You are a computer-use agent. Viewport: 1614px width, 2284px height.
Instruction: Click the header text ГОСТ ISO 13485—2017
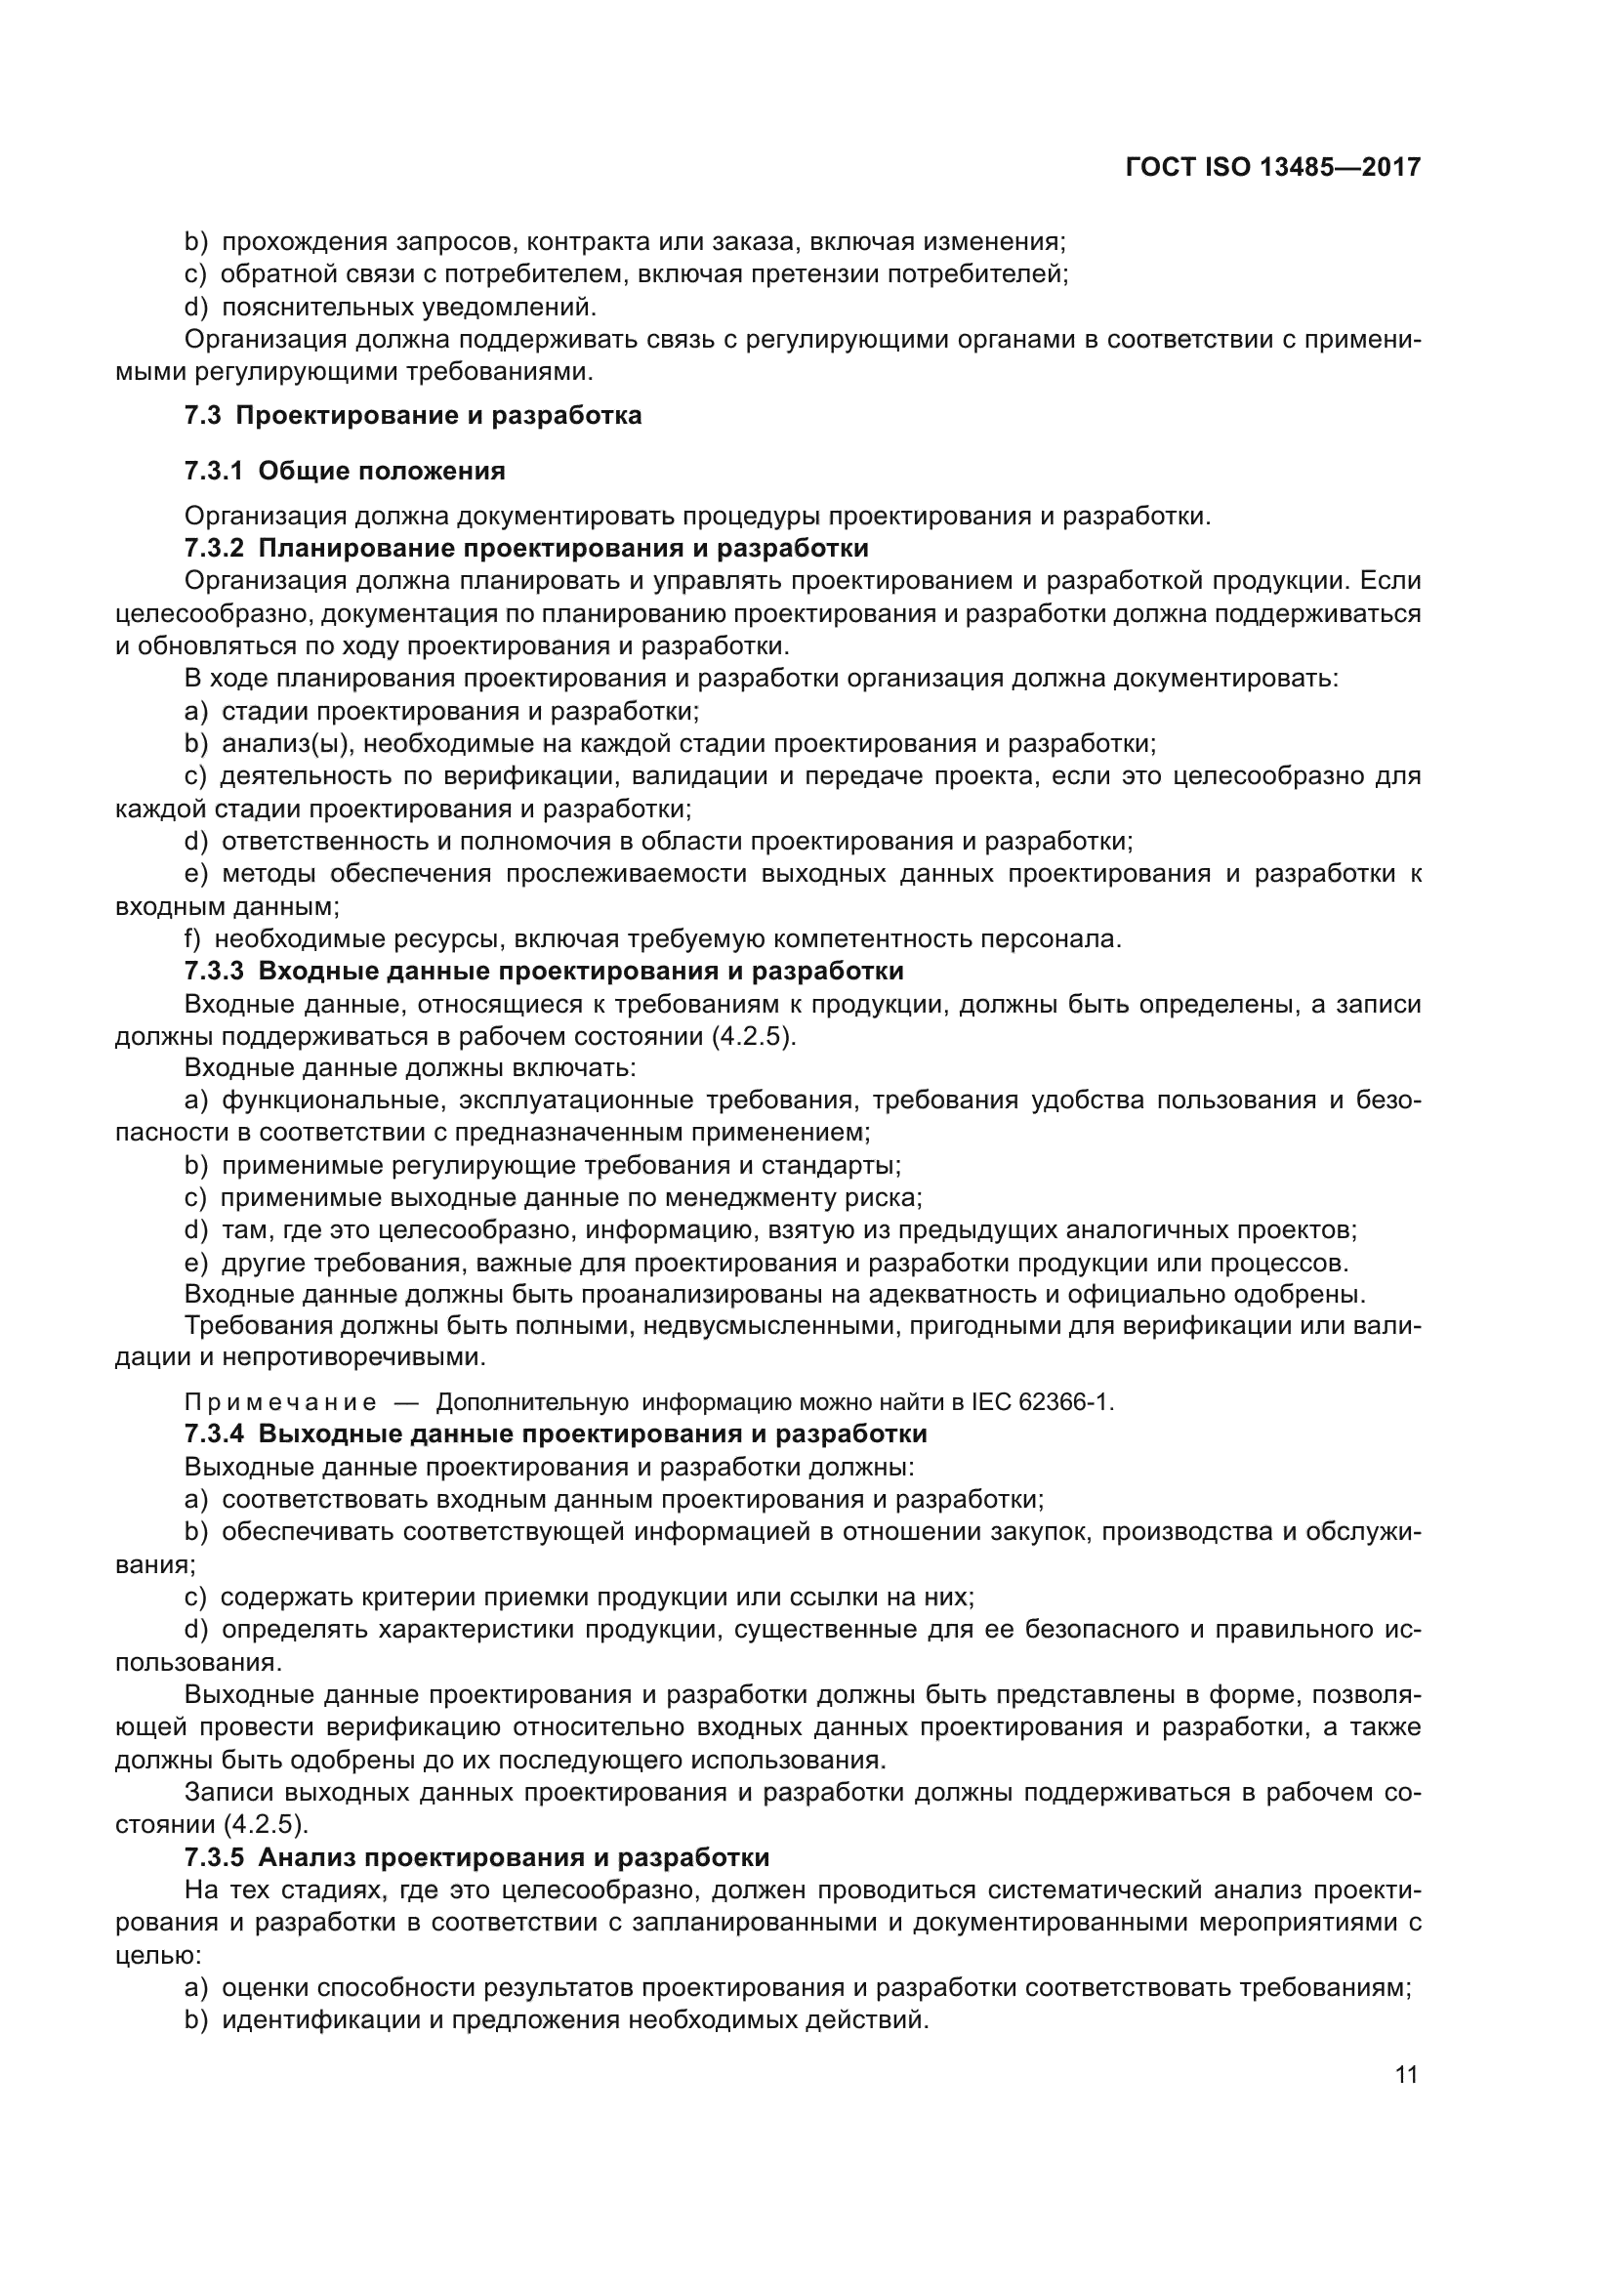point(1272,167)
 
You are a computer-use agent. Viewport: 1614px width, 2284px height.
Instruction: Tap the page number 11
point(1406,2074)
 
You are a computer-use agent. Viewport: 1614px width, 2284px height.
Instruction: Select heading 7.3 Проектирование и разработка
point(413,416)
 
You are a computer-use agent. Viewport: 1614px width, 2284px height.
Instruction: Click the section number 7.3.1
point(213,472)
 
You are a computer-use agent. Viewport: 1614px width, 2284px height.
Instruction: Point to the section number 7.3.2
point(213,549)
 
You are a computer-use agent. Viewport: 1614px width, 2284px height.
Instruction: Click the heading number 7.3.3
point(213,971)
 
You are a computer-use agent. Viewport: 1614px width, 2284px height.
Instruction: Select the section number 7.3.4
point(213,1434)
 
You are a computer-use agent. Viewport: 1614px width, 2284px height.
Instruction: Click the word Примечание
point(280,1402)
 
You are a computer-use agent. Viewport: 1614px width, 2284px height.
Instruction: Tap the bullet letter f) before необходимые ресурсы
point(192,939)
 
